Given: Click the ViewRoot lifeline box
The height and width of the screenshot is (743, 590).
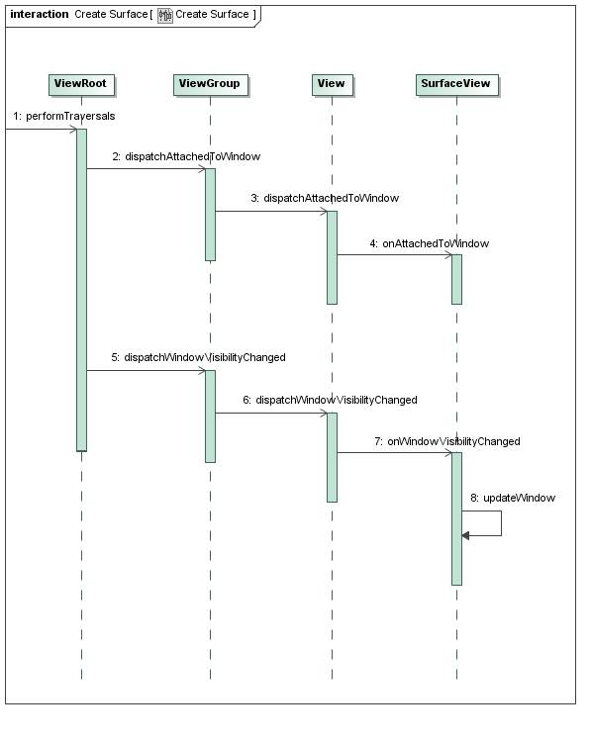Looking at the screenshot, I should pos(81,84).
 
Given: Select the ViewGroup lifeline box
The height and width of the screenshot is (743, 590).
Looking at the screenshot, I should pos(210,84).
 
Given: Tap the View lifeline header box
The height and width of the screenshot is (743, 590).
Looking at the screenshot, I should pos(332,84).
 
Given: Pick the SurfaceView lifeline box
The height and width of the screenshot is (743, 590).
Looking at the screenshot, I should pos(456,84).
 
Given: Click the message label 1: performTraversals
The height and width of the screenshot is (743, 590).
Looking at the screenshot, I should pos(57,117).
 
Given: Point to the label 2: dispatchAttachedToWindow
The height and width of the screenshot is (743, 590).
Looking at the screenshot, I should pos(186,156).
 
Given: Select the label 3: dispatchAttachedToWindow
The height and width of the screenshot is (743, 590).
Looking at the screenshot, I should pos(324,198).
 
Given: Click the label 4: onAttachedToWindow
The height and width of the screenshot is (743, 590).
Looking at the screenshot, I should pos(430,242).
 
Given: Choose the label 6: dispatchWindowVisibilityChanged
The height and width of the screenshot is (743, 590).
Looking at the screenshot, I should pos(330,400).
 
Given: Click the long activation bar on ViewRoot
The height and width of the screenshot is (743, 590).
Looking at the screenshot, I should pos(81,287).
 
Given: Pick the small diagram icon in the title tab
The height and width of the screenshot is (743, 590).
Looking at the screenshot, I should pos(165,15).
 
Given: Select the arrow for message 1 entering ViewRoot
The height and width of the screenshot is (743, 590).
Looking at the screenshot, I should pos(40,129).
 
